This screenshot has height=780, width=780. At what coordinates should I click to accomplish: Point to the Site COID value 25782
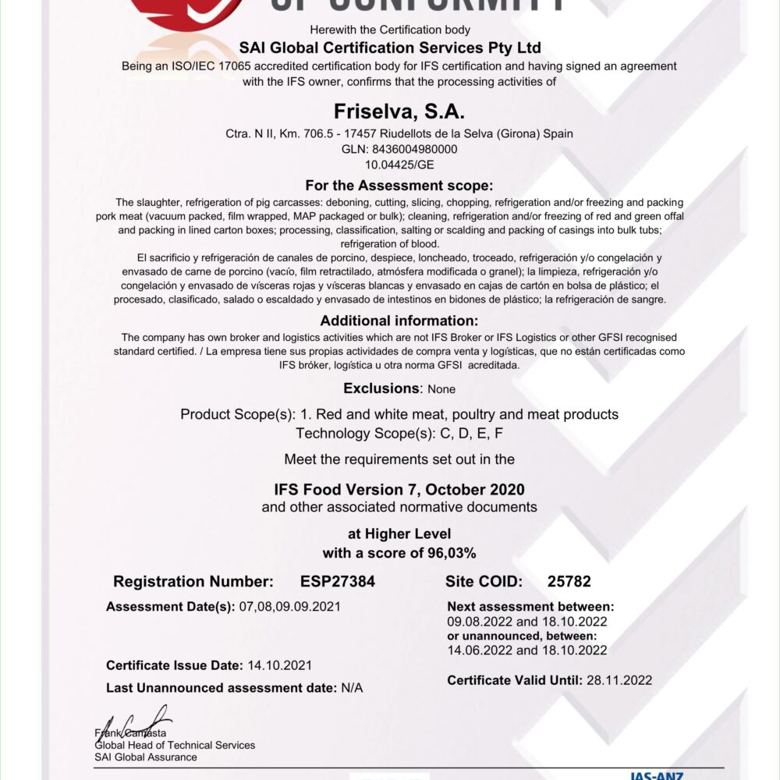[x=569, y=581]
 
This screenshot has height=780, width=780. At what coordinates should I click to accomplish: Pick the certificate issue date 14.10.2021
[x=279, y=665]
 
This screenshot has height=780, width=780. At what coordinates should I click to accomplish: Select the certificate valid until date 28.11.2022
[x=619, y=680]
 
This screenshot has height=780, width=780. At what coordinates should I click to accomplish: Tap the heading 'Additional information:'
[x=399, y=321]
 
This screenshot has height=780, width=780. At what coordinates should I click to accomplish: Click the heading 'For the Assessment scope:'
[x=399, y=186]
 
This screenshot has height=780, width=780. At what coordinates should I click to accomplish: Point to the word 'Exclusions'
[x=381, y=388]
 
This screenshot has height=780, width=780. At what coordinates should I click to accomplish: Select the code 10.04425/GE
[x=399, y=165]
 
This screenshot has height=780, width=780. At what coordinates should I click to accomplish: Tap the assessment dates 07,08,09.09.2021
[x=288, y=606]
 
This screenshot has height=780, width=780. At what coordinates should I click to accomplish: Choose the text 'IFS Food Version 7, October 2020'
[x=399, y=490]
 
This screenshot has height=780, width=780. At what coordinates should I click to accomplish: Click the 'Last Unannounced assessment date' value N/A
[x=352, y=688]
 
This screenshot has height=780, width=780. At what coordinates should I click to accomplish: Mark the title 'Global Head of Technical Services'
[x=175, y=745]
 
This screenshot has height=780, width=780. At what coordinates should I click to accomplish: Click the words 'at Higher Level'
[x=399, y=534]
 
